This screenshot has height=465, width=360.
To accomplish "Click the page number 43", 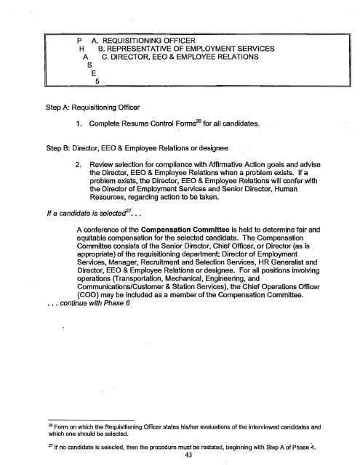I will [x=180, y=454].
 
